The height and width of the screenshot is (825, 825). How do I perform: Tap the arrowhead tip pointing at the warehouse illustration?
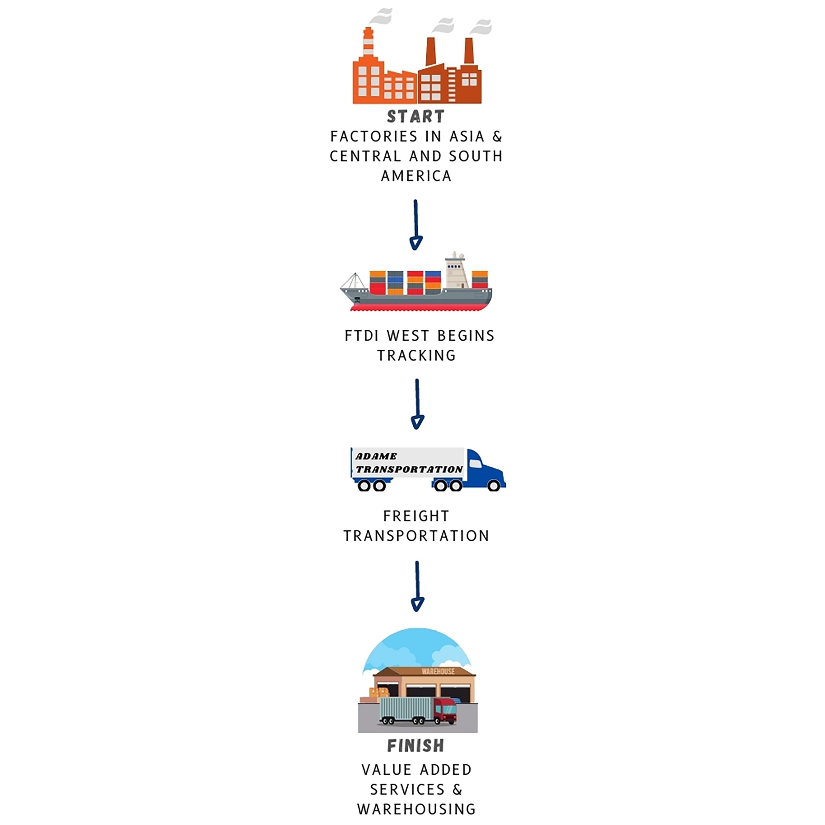[417, 611]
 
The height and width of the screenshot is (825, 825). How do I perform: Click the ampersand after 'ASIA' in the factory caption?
[497, 137]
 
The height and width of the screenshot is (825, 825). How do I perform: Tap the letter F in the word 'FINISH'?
[392, 746]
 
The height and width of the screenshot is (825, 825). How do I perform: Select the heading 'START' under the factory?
[416, 116]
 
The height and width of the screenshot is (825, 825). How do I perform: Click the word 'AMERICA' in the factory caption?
[416, 176]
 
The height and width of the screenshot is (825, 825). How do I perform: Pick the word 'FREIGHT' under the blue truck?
[416, 516]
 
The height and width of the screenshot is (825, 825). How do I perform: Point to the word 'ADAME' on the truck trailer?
[376, 456]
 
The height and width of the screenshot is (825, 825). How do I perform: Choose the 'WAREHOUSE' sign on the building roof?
[438, 672]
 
